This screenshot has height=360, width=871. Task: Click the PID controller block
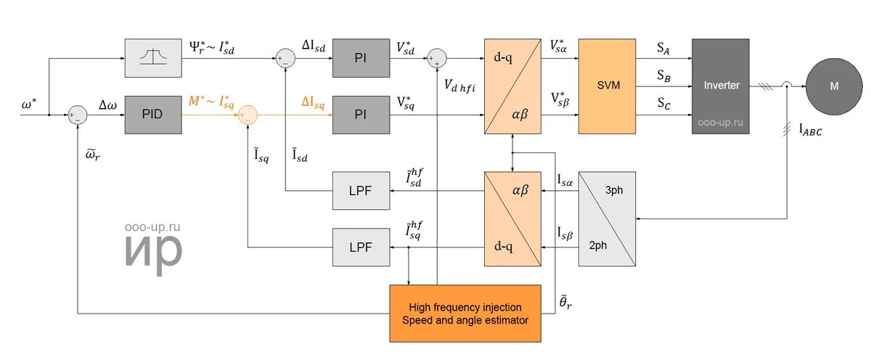(152, 115)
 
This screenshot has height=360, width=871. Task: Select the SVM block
(607, 86)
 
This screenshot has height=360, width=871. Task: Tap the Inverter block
(721, 86)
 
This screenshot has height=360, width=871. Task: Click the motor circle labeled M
(833, 86)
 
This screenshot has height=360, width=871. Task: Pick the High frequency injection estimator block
(465, 314)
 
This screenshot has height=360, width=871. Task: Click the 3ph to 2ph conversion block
(607, 218)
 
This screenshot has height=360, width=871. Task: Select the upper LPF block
(361, 190)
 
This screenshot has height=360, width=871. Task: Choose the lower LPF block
(361, 247)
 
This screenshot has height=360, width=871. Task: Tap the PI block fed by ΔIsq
(361, 115)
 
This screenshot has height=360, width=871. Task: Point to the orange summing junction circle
(248, 115)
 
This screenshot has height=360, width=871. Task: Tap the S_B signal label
(663, 75)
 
